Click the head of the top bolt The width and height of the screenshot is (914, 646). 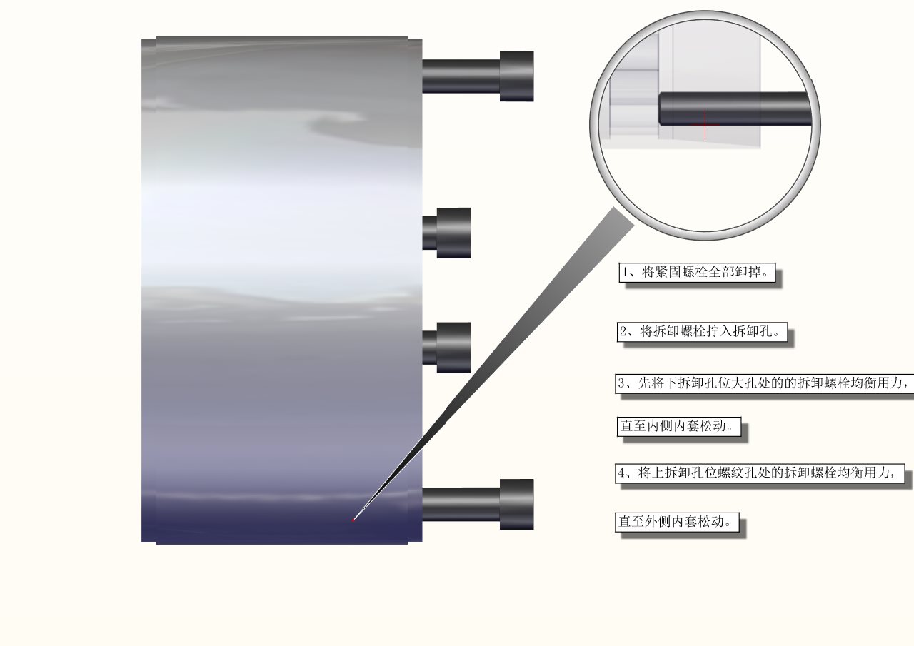click(516, 76)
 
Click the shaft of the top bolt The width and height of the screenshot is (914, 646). click(461, 76)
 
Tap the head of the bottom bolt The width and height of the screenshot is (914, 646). click(516, 505)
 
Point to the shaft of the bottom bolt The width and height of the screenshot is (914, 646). click(461, 505)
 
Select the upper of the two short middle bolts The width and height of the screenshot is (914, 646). click(446, 233)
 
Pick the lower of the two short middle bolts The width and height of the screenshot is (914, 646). click(446, 348)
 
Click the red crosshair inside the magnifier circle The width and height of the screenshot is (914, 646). click(705, 125)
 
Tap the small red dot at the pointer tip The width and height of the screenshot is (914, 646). click(353, 520)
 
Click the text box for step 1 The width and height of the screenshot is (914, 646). click(697, 273)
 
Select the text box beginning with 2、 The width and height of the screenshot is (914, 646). click(702, 331)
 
